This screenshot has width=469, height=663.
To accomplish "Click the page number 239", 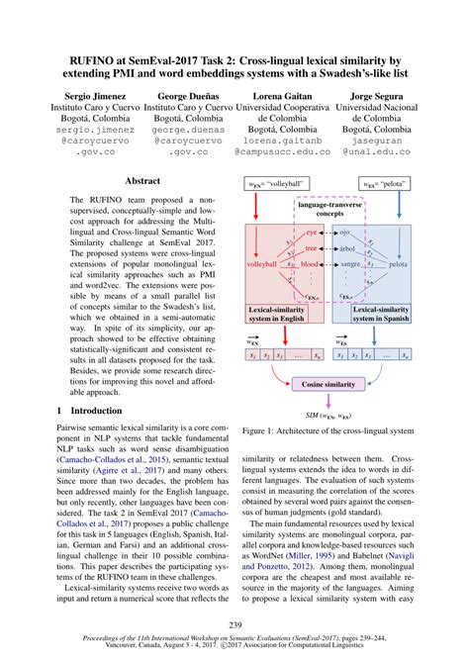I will point(234,623).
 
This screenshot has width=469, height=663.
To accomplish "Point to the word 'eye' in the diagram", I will point(311,231).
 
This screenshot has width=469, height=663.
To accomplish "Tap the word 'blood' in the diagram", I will point(310,266).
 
